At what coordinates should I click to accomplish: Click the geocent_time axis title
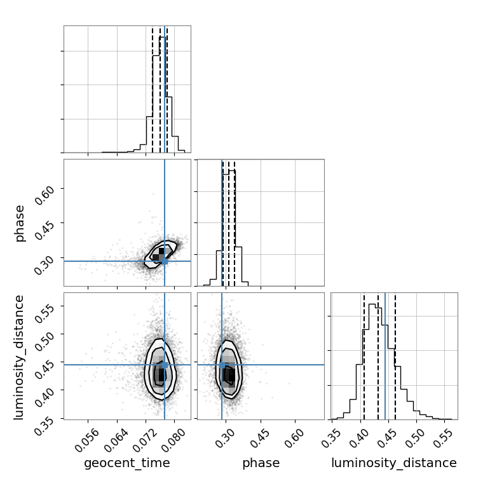point(127,463)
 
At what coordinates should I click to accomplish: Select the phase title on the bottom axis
point(261,463)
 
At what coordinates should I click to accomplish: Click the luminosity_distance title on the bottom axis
point(394,463)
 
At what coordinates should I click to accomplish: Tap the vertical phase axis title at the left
point(19,223)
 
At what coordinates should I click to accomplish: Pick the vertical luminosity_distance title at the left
point(18,357)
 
